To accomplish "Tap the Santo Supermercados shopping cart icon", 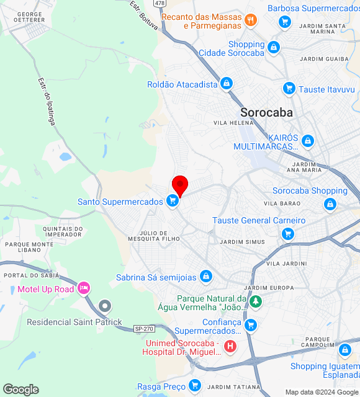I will pyautogui.click(x=173, y=201).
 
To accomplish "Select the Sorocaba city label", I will pyautogui.click(x=266, y=112).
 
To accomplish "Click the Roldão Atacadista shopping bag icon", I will pyautogui.click(x=227, y=84).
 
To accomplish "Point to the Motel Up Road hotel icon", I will pyautogui.click(x=84, y=288).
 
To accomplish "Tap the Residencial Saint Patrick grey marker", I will pyautogui.click(x=105, y=305).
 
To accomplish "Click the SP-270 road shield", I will pyautogui.click(x=143, y=329).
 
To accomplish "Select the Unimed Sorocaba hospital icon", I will pyautogui.click(x=230, y=346).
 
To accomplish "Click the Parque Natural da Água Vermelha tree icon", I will pyautogui.click(x=255, y=302).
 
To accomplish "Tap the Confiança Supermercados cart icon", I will pyautogui.click(x=251, y=324).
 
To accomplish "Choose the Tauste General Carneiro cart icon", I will pyautogui.click(x=287, y=234).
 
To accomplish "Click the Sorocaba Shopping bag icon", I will pyautogui.click(x=330, y=204).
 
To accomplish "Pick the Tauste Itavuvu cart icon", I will pyautogui.click(x=289, y=89).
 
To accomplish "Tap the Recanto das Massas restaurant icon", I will pyautogui.click(x=251, y=20).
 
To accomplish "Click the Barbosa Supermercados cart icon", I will pyautogui.click(x=285, y=22).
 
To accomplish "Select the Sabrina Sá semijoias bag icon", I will pyautogui.click(x=206, y=277).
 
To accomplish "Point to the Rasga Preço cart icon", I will pyautogui.click(x=195, y=385).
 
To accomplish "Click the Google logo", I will pyautogui.click(x=20, y=390).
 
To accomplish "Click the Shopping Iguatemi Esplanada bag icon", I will pyautogui.click(x=344, y=350).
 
